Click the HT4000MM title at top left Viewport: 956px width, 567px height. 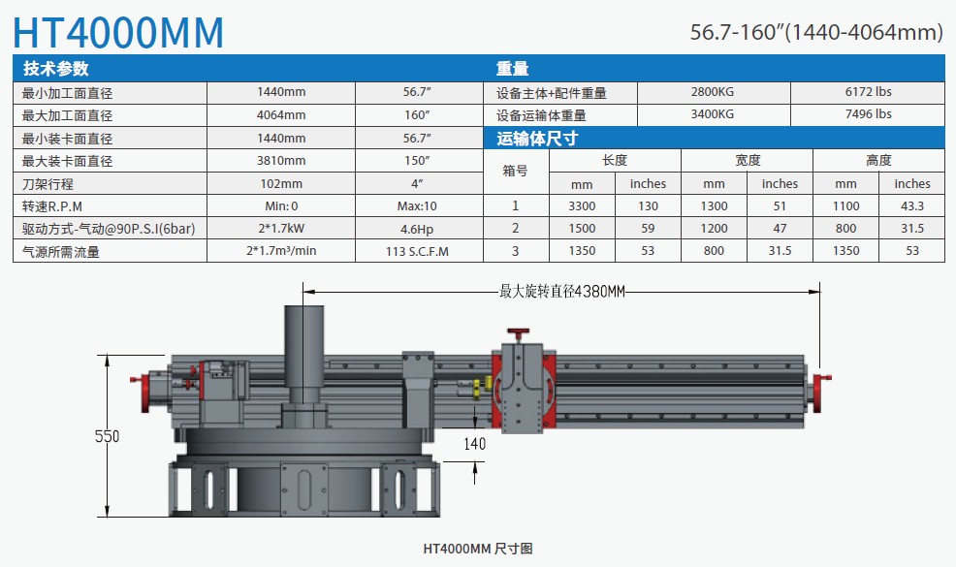pyautogui.click(x=118, y=32)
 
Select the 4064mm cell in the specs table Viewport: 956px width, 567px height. pyautogui.click(x=281, y=115)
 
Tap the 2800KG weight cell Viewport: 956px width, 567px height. pyautogui.click(x=712, y=92)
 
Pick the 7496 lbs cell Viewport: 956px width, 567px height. pyautogui.click(x=868, y=114)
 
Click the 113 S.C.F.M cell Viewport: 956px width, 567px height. pyautogui.click(x=417, y=251)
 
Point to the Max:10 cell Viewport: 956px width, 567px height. pyautogui.click(x=417, y=206)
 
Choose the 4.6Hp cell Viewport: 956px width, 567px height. pyautogui.click(x=417, y=230)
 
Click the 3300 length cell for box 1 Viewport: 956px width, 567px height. pyautogui.click(x=582, y=206)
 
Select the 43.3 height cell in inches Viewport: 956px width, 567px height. pyautogui.click(x=912, y=206)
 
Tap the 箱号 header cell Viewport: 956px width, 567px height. pyautogui.click(x=515, y=171)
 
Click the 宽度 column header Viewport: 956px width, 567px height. pyautogui.click(x=748, y=160)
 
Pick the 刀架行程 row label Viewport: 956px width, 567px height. pyautogui.click(x=48, y=183)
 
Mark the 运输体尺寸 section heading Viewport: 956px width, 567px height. pyautogui.click(x=537, y=139)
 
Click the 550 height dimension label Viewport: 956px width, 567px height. pyautogui.click(x=108, y=436)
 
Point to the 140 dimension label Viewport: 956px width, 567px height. pyautogui.click(x=475, y=444)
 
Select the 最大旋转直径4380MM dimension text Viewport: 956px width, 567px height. pyautogui.click(x=562, y=292)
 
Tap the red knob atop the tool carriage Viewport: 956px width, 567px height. pyautogui.click(x=518, y=333)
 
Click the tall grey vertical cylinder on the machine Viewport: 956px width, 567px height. pyautogui.click(x=304, y=354)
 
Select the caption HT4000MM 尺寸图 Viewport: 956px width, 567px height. pyautogui.click(x=478, y=549)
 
